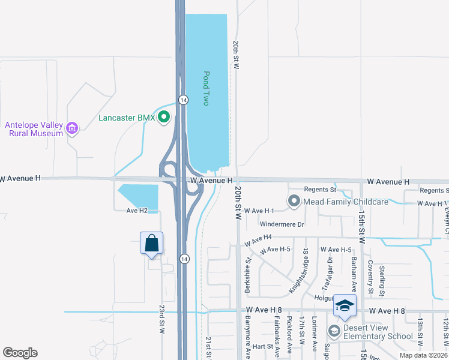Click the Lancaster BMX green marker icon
point(164,118)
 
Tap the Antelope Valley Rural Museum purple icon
point(73,128)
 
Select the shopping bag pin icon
point(151,244)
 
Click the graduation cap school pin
point(345,306)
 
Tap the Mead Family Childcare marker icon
point(294,202)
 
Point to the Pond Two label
point(206,89)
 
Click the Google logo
point(20,352)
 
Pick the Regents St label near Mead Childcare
point(319,190)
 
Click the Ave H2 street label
point(137,211)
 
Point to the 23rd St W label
point(162,320)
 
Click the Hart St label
point(263,346)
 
